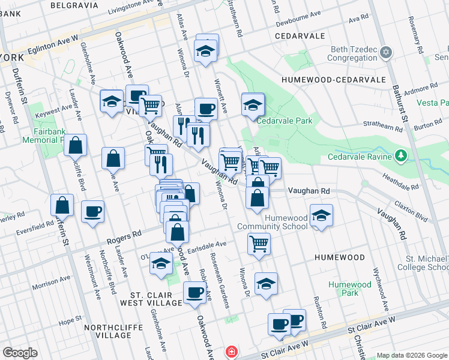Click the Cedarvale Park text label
tap(285, 121)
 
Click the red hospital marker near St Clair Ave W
tap(230, 352)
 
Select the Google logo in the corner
tap(20, 353)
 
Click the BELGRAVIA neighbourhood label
tap(74, 5)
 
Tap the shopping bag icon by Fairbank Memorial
tap(76, 146)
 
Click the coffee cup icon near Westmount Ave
tap(92, 212)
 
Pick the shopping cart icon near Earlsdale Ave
tap(259, 244)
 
